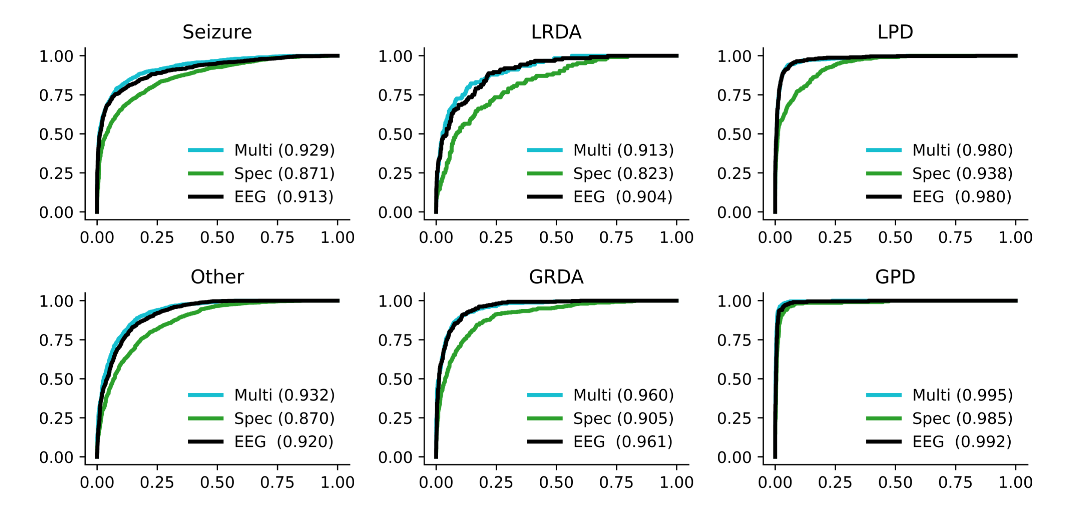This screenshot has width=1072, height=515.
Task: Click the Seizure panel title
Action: (x=217, y=32)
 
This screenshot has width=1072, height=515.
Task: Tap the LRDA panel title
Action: (x=556, y=32)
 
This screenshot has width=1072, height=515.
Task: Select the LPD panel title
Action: (x=895, y=32)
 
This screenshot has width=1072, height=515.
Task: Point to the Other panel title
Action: (x=217, y=277)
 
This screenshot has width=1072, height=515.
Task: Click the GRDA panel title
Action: (x=556, y=277)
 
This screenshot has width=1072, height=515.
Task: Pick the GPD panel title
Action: (x=895, y=277)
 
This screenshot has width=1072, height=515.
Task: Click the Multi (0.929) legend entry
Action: (x=284, y=150)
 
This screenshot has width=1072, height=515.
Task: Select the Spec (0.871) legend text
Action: (x=284, y=174)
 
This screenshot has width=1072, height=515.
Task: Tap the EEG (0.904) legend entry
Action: (x=623, y=197)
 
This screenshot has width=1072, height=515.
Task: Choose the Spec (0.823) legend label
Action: (x=623, y=174)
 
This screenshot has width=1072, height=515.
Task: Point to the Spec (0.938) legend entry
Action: (x=962, y=174)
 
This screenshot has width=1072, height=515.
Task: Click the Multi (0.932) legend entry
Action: (x=284, y=395)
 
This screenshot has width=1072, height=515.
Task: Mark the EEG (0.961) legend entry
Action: (x=623, y=442)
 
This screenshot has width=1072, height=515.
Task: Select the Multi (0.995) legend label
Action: (x=962, y=395)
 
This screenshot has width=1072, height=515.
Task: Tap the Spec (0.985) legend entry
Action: (x=962, y=419)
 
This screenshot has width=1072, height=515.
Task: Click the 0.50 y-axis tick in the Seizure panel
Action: (x=56, y=134)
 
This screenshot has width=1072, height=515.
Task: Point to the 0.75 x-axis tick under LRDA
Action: (x=616, y=238)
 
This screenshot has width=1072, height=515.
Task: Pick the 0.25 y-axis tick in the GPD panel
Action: (x=734, y=418)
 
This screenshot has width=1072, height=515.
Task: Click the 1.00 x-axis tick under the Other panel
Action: (x=337, y=482)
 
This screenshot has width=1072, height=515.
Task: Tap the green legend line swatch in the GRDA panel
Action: (x=545, y=419)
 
